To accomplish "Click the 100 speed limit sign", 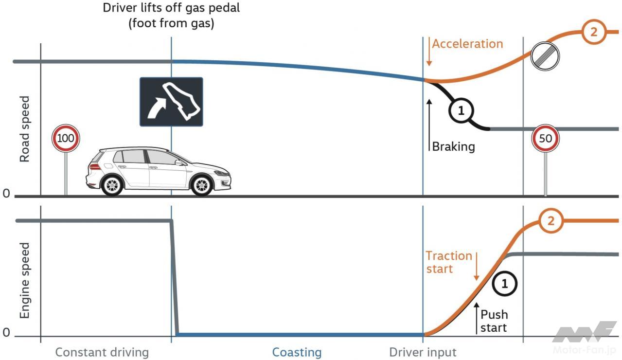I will click(x=66, y=139).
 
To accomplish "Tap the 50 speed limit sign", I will click(x=545, y=139).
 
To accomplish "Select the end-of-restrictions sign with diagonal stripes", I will click(x=545, y=55).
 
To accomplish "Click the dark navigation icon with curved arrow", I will click(x=171, y=102).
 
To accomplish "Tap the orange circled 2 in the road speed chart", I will click(x=593, y=33).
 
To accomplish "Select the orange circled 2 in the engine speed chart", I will click(x=551, y=221).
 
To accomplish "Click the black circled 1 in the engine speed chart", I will click(x=504, y=284).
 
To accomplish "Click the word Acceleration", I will click(x=467, y=44).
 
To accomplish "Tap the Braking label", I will click(x=453, y=146).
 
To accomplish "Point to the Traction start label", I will click(x=448, y=262).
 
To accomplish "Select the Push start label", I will click(x=494, y=321).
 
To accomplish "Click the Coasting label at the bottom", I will click(x=297, y=352).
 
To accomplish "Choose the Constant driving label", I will click(x=102, y=352).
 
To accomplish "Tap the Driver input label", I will click(x=423, y=352).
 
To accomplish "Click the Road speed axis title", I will click(x=24, y=129).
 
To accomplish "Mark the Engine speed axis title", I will click(x=24, y=281).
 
